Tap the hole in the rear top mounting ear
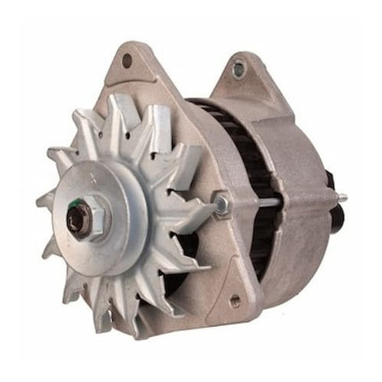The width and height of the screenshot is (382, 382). (x=239, y=70)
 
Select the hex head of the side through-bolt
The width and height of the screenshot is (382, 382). (x=222, y=203)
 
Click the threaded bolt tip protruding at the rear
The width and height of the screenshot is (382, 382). (x=342, y=198)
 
